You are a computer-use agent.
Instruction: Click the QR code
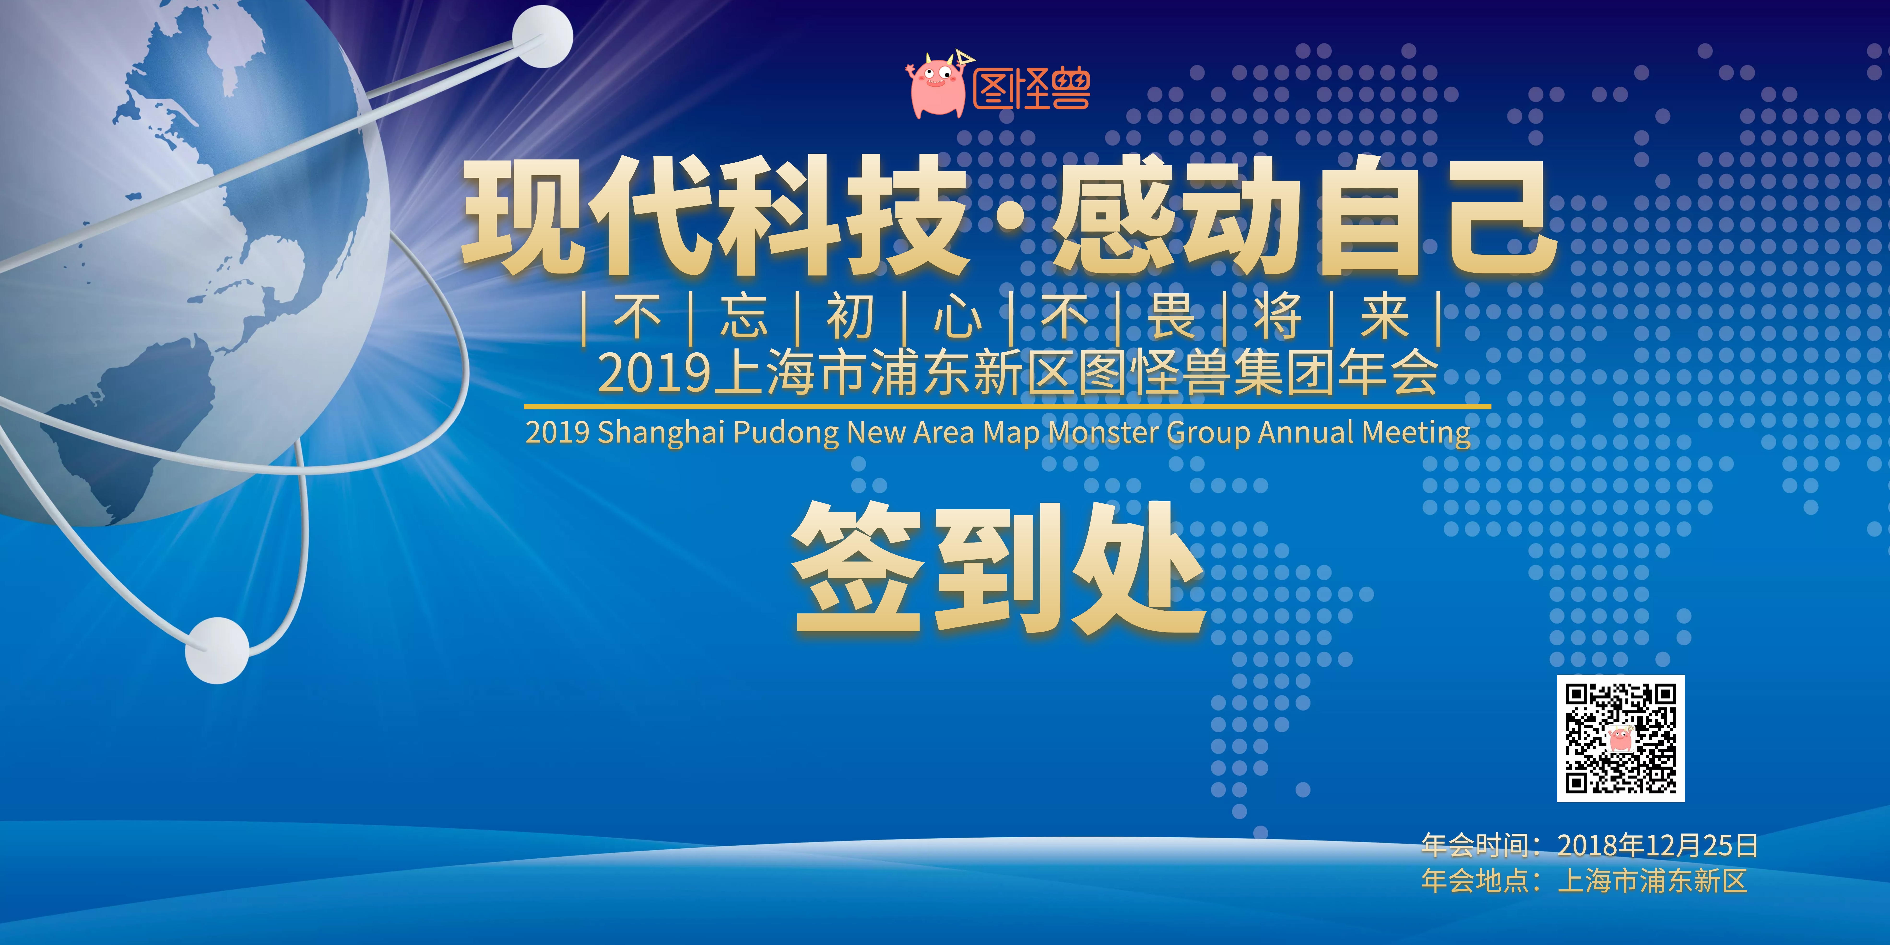pos(1621,738)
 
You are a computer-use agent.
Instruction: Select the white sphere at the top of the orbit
pos(542,36)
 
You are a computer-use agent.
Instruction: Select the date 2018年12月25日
pos(1657,845)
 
